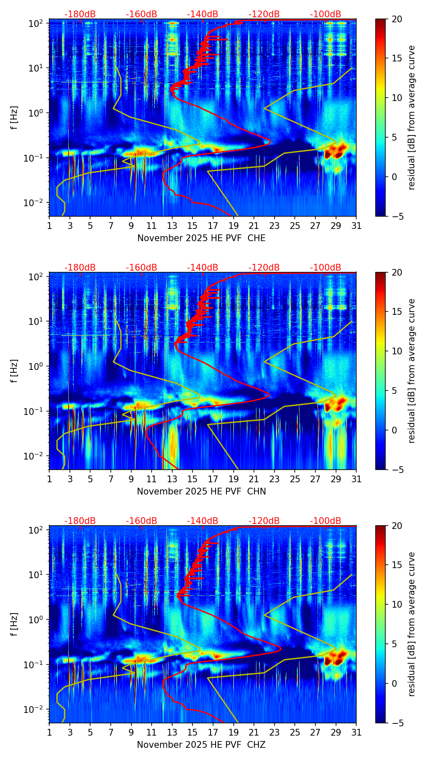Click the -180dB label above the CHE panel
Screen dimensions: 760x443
pyautogui.click(x=80, y=14)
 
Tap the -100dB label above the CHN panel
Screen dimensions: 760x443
pyautogui.click(x=326, y=268)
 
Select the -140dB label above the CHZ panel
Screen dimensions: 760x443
pyautogui.click(x=203, y=521)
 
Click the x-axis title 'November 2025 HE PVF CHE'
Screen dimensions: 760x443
pyautogui.click(x=201, y=238)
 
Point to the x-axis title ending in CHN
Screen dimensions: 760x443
pyautogui.click(x=201, y=492)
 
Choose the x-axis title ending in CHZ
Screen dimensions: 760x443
pyautogui.click(x=201, y=745)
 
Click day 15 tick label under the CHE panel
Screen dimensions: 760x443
pyautogui.click(x=192, y=226)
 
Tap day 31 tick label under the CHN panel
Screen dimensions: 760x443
pyautogui.click(x=356, y=479)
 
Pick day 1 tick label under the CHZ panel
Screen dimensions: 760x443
pyautogui.click(x=50, y=732)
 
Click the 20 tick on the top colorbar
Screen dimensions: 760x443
pyautogui.click(x=398, y=19)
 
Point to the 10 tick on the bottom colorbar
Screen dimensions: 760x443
pyautogui.click(x=398, y=605)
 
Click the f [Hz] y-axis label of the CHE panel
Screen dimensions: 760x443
pyautogui.click(x=14, y=118)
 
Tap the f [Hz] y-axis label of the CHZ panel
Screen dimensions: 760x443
pyautogui.click(x=14, y=624)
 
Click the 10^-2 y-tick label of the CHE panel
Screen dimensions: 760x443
pyautogui.click(x=35, y=202)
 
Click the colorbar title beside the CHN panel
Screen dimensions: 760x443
pyautogui.click(x=411, y=371)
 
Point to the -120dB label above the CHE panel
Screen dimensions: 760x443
pyautogui.click(x=264, y=14)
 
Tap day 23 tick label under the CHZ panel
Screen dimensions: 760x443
pyautogui.click(x=274, y=732)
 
